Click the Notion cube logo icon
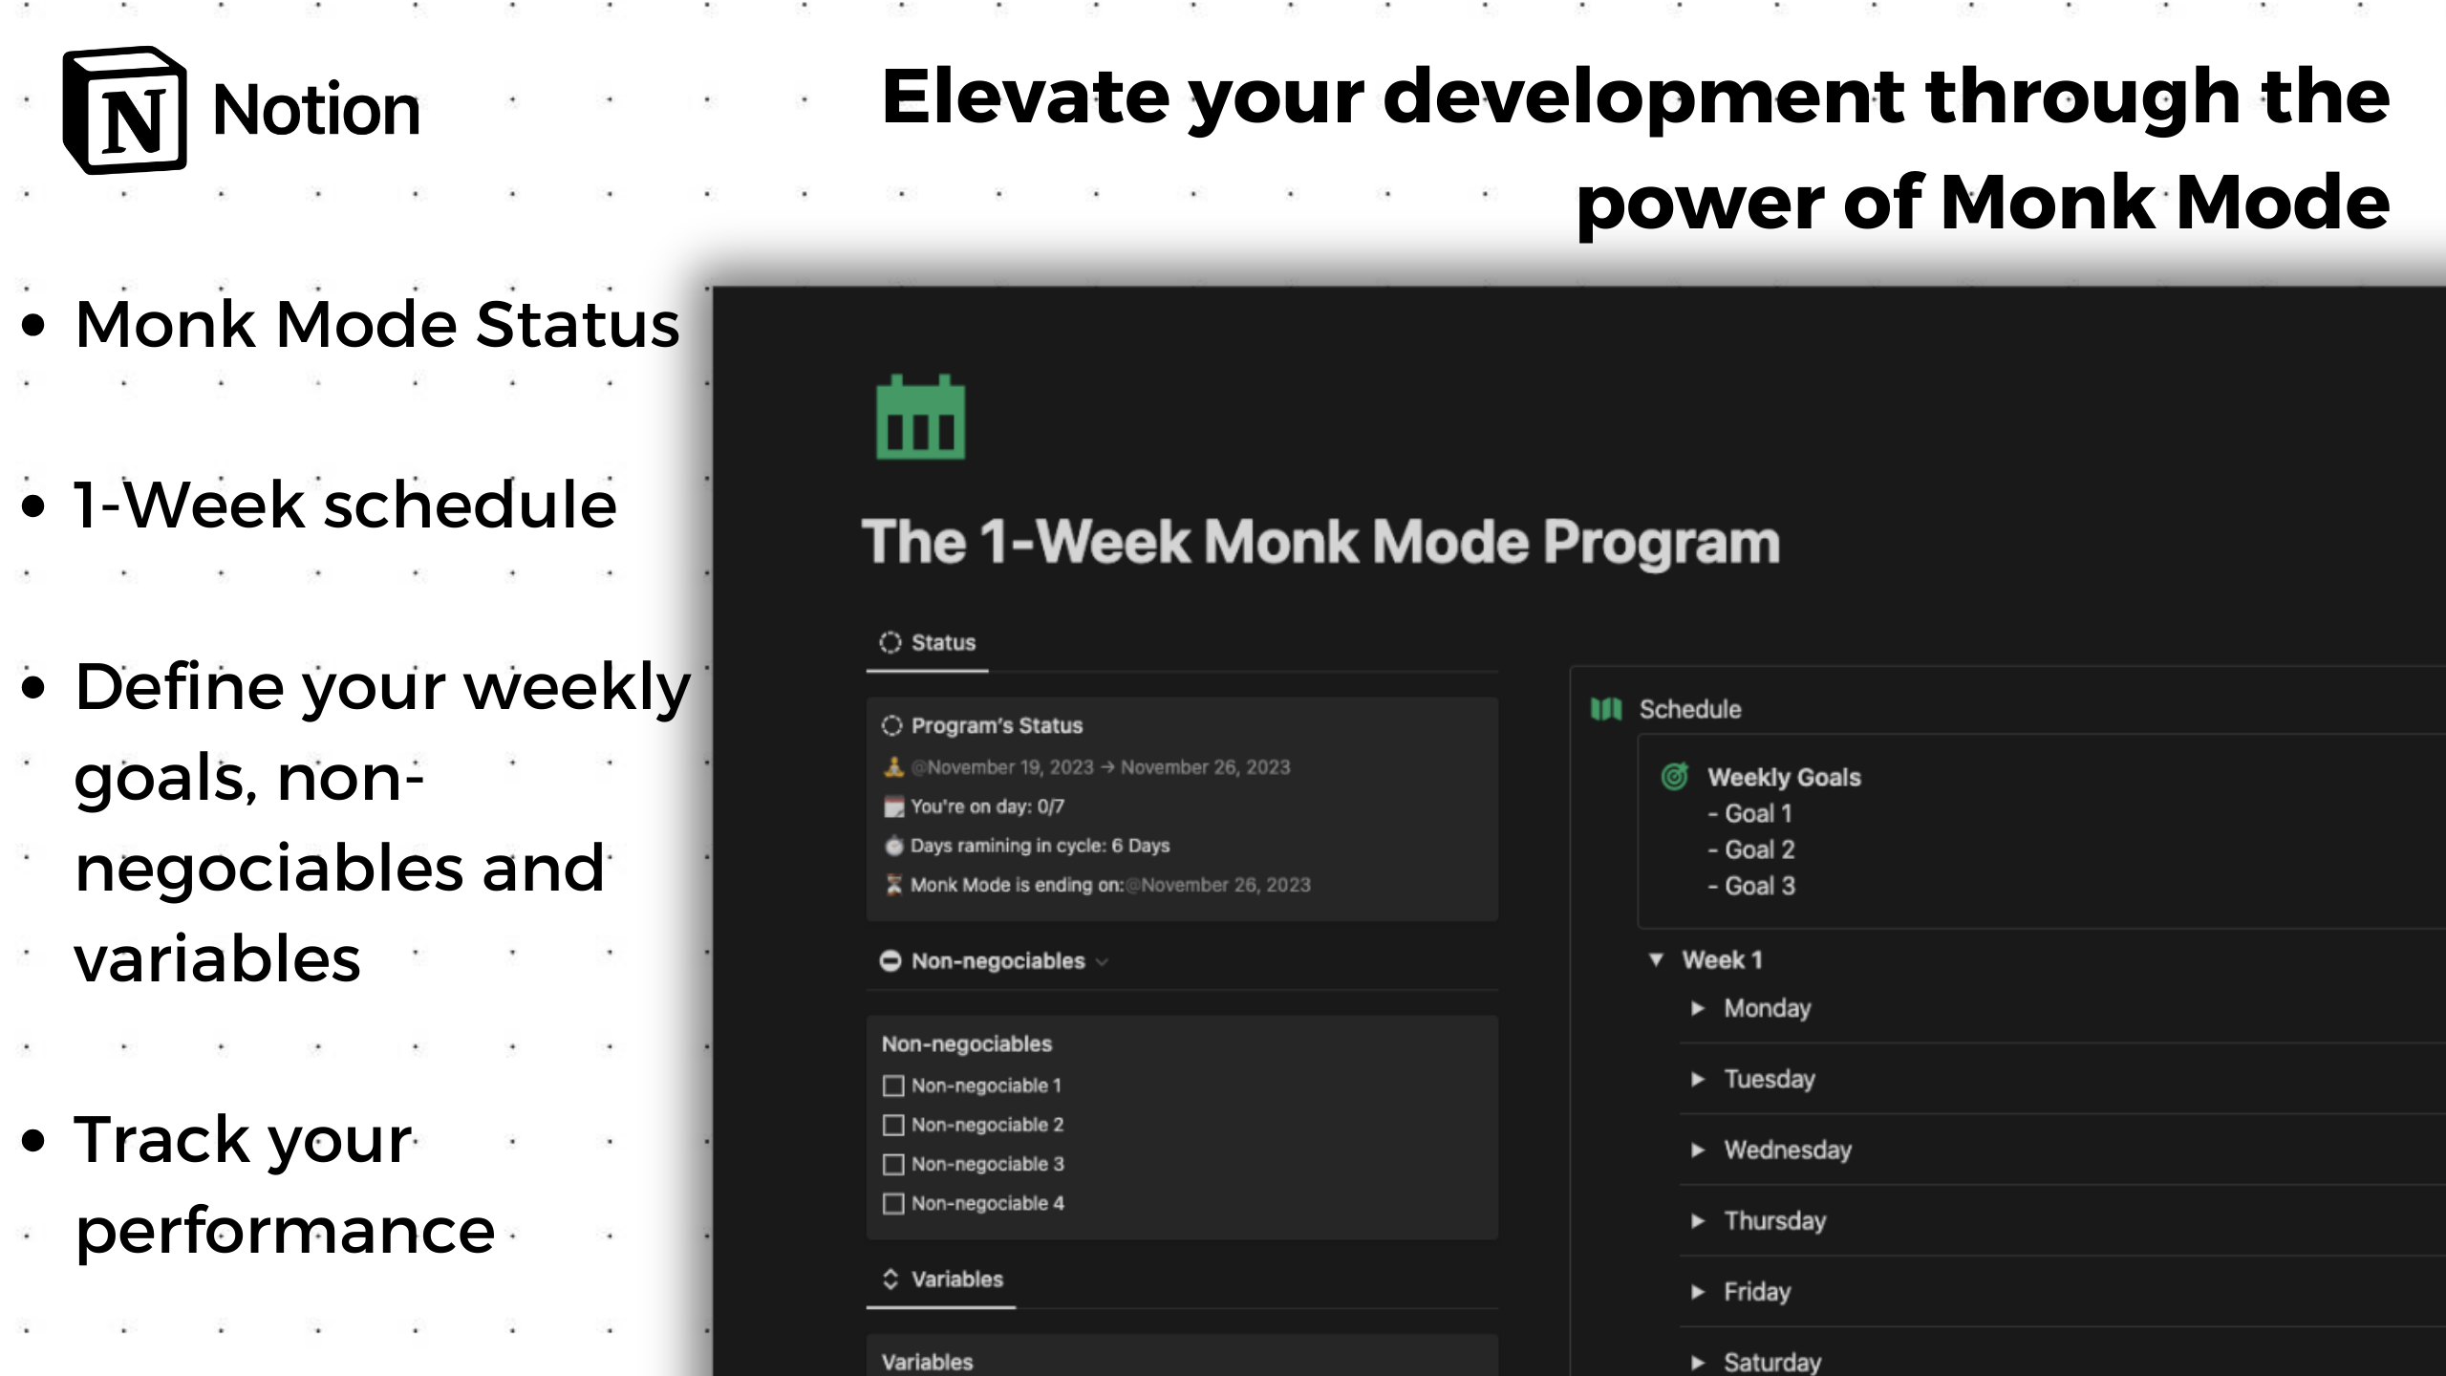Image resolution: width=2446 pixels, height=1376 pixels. click(x=125, y=110)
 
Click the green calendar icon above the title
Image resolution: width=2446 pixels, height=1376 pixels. click(x=920, y=418)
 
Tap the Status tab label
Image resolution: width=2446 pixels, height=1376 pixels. click(x=942, y=643)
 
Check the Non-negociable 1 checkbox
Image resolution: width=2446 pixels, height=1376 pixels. click(x=893, y=1086)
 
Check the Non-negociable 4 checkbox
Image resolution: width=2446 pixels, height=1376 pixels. click(x=893, y=1204)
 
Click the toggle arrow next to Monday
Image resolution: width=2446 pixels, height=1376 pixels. click(x=1698, y=1008)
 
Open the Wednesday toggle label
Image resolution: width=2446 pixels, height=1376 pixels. click(x=1787, y=1150)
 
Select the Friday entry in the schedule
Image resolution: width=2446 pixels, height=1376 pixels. click(x=1756, y=1292)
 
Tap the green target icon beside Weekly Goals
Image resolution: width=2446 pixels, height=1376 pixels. click(x=1674, y=777)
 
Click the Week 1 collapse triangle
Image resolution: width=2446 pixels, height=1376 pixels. click(x=1657, y=959)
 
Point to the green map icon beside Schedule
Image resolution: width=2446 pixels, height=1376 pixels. click(x=1606, y=709)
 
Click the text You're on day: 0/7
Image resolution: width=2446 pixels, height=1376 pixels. click(x=986, y=806)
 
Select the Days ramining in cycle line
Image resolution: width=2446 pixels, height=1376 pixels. click(x=1039, y=846)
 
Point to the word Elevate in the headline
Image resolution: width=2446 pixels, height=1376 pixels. click(x=1024, y=97)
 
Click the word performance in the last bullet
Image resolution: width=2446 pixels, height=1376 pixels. click(x=285, y=1231)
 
